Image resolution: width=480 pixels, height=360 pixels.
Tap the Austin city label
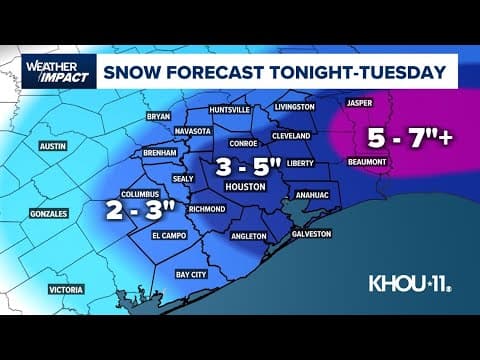[x=52, y=146]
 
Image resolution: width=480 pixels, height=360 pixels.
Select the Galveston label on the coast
[x=312, y=233]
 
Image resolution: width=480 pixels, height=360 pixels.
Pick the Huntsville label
[x=230, y=110]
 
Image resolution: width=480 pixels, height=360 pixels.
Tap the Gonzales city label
[x=48, y=214]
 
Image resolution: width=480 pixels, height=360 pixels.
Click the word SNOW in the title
[x=141, y=71]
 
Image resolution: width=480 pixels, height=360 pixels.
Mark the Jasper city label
[x=359, y=103]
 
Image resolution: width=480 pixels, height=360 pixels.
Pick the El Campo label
[x=170, y=236]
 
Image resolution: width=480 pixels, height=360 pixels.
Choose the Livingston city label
[x=294, y=106]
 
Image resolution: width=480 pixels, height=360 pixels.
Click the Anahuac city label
[x=307, y=196]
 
